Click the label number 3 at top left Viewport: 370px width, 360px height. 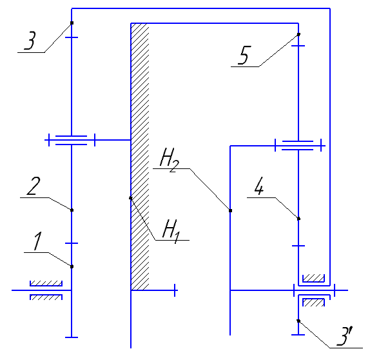point(30,41)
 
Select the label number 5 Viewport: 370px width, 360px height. point(244,55)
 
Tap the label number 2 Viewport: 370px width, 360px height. point(34,186)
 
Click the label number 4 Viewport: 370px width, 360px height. point(259,186)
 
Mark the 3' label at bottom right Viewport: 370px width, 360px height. point(344,336)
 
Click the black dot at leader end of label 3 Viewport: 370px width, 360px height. point(72,23)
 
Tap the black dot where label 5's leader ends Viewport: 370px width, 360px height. point(298,34)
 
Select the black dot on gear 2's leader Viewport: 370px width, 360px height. point(72,210)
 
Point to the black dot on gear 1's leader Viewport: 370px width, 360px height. point(72,266)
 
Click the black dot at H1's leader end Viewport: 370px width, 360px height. point(131,198)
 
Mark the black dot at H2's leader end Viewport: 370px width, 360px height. point(231,210)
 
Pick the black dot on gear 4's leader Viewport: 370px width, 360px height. point(298,219)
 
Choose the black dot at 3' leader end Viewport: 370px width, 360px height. point(298,321)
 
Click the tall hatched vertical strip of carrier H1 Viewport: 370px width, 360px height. point(140,157)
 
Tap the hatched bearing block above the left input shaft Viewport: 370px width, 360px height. point(46,283)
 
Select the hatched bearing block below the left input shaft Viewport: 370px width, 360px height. point(46,297)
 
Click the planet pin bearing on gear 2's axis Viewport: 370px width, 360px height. point(72,140)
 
